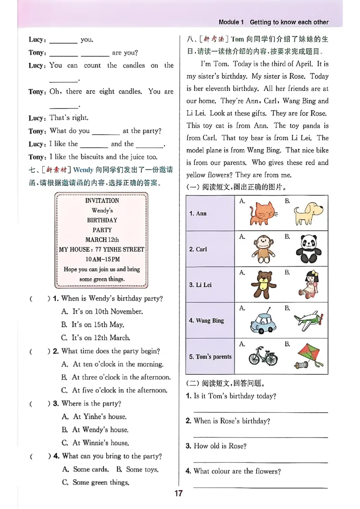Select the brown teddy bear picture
[262, 284]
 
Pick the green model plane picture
[308, 320]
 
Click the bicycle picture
[263, 356]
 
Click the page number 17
[179, 493]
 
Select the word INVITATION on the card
[102, 201]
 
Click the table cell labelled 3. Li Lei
[210, 285]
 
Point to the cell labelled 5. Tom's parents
[210, 357]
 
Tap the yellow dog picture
[309, 213]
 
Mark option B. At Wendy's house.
[95, 429]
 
